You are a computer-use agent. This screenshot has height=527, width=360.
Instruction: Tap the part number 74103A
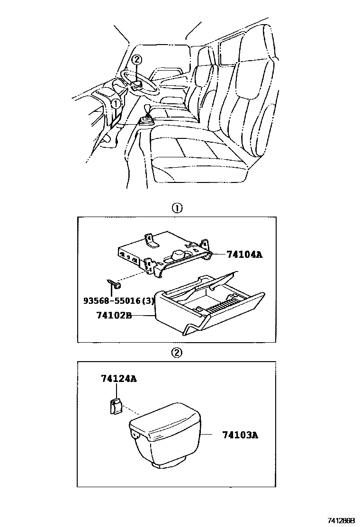240,434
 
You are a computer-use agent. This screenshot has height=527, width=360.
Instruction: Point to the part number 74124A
118,379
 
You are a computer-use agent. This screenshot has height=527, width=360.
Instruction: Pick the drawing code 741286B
342,520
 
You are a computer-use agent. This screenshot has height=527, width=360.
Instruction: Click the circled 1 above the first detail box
176,209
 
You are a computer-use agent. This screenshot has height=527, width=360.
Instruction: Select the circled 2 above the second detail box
176,352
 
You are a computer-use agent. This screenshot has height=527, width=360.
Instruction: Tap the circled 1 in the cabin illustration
115,103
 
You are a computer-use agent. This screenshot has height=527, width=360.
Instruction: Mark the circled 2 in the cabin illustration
136,60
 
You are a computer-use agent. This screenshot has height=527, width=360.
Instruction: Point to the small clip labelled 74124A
115,406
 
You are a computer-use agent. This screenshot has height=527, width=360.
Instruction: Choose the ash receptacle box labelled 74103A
166,436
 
